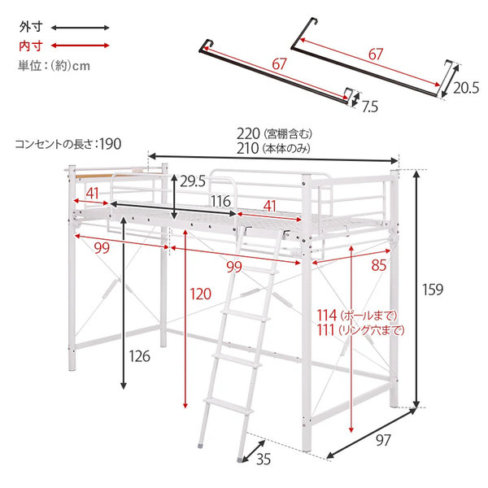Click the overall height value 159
click(433, 290)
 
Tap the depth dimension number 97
click(383, 440)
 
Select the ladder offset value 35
click(264, 460)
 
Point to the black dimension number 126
click(139, 356)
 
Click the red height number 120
click(200, 294)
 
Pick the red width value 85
click(379, 265)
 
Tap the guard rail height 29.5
click(193, 181)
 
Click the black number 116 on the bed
click(220, 202)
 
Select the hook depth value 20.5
click(465, 88)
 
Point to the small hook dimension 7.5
click(370, 107)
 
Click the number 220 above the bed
click(248, 134)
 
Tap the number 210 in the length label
click(247, 148)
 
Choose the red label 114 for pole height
click(327, 316)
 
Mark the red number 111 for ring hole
click(325, 330)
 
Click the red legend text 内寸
click(31, 46)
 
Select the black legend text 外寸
click(31, 27)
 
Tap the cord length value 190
click(111, 144)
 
